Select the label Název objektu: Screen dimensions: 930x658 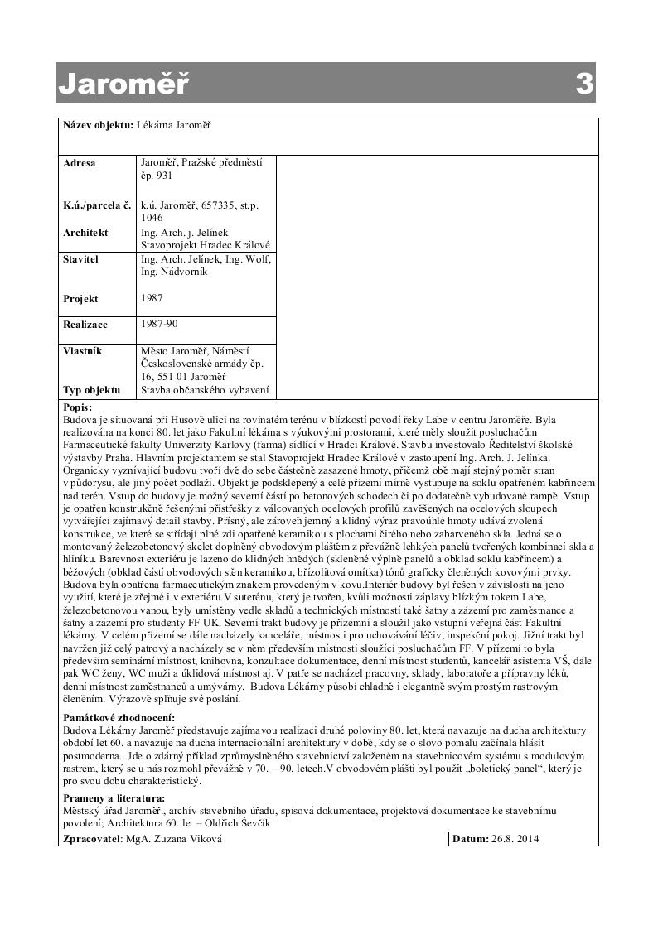[98, 125]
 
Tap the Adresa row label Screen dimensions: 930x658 [80, 163]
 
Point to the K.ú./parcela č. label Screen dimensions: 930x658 [97, 205]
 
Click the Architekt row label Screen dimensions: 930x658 [85, 233]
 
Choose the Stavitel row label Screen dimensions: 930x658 [80, 259]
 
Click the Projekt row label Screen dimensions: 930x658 [80, 299]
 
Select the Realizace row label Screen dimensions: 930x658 [85, 325]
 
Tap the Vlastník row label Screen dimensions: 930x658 [83, 351]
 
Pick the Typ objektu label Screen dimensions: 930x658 [91, 390]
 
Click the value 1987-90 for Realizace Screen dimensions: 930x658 [159, 325]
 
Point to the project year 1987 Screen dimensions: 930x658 [152, 298]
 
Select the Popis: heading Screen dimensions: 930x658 [77, 407]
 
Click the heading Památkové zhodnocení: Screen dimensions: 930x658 [119, 717]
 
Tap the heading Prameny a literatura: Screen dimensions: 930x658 [113, 798]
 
